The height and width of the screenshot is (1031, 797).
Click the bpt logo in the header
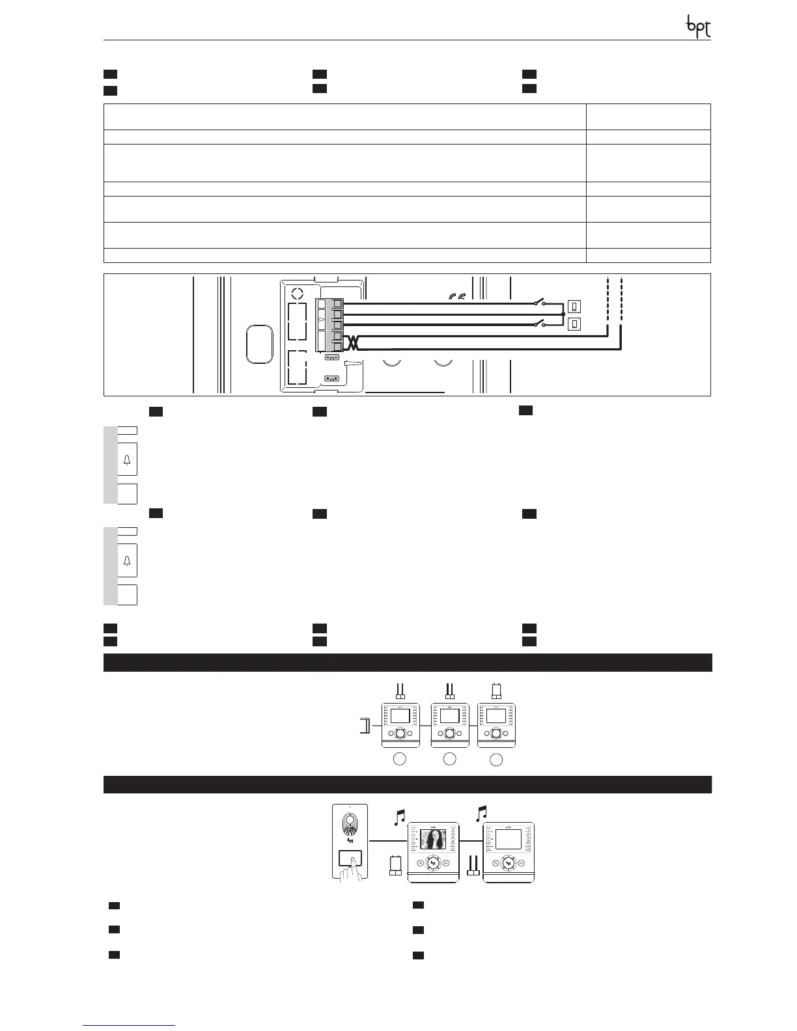[x=699, y=27]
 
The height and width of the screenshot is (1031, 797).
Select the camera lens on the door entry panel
[x=350, y=821]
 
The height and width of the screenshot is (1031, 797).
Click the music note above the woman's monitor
[x=400, y=817]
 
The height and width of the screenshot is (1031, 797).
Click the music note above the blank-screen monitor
[x=482, y=812]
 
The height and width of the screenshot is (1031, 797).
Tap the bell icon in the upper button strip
[x=127, y=460]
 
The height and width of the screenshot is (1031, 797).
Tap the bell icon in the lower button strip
[x=127, y=560]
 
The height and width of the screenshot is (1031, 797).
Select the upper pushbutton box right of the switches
[x=574, y=306]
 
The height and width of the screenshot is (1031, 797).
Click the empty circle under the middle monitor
[x=449, y=758]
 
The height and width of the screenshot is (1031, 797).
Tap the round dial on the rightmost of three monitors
[x=496, y=734]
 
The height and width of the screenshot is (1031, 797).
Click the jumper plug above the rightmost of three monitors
[x=496, y=689]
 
